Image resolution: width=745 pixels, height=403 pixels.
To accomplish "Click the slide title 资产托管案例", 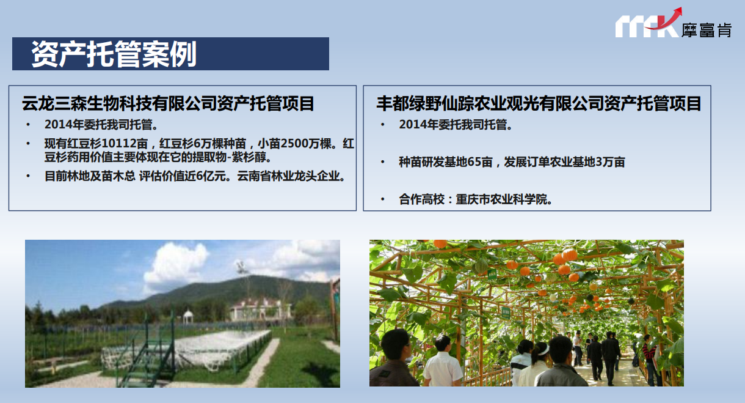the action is pyautogui.click(x=114, y=54).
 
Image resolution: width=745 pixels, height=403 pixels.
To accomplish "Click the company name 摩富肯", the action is pyautogui.click(x=707, y=31).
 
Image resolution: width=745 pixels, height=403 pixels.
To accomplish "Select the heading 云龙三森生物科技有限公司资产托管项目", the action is pyautogui.click(x=168, y=103).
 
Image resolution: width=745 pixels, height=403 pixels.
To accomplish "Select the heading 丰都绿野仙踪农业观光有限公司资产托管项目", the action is pyautogui.click(x=539, y=103).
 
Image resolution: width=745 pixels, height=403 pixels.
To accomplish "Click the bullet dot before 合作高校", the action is pyautogui.click(x=383, y=199).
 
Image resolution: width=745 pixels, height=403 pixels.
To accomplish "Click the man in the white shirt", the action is pyautogui.click(x=442, y=363).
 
